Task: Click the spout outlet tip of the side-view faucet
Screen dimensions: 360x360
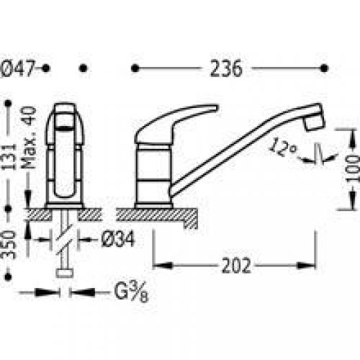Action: pyautogui.click(x=313, y=122)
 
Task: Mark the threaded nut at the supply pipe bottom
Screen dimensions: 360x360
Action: pyautogui.click(x=64, y=273)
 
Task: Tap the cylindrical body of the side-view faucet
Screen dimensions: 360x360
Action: pyautogui.click(x=154, y=173)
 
